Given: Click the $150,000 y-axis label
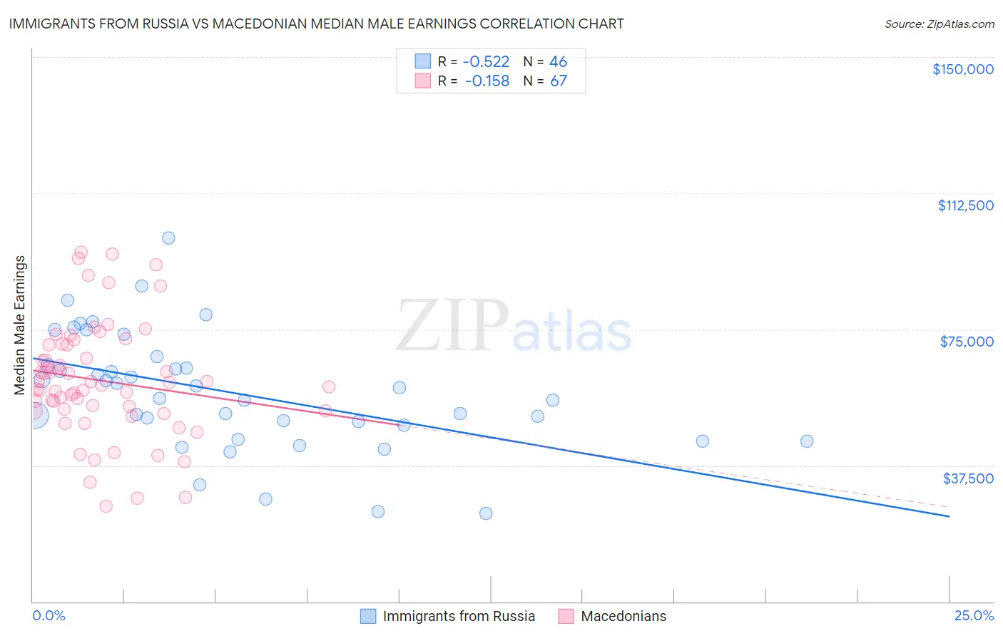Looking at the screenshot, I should pos(962,69).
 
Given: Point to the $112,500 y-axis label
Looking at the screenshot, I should pos(965,205).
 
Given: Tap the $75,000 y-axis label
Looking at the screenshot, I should pos(967,342).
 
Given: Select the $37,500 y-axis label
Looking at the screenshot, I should pos(968,478).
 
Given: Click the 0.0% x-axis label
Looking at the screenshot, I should pos(49,615).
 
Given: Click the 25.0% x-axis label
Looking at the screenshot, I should pos(974,615).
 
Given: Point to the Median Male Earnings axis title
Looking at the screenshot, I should pos(19,324).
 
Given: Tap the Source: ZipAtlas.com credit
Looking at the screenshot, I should pos(939,24).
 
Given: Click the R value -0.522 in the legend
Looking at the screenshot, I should pos(487,61).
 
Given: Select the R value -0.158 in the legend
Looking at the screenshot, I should pos(487,81).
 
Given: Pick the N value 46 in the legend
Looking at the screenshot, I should pos(558,61).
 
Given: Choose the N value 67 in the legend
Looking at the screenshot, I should pos(558,81).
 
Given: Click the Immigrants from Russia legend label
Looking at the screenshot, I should pos(459,616).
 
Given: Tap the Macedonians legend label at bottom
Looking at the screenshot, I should pos(623,616).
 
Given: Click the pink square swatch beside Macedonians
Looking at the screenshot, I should pos(566,616).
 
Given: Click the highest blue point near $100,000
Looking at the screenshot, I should pos(168,238).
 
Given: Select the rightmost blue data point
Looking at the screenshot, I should pos(807,441).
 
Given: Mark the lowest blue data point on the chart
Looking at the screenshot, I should pos(486,513).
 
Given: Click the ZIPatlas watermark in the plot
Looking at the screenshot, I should pos(514,327).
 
